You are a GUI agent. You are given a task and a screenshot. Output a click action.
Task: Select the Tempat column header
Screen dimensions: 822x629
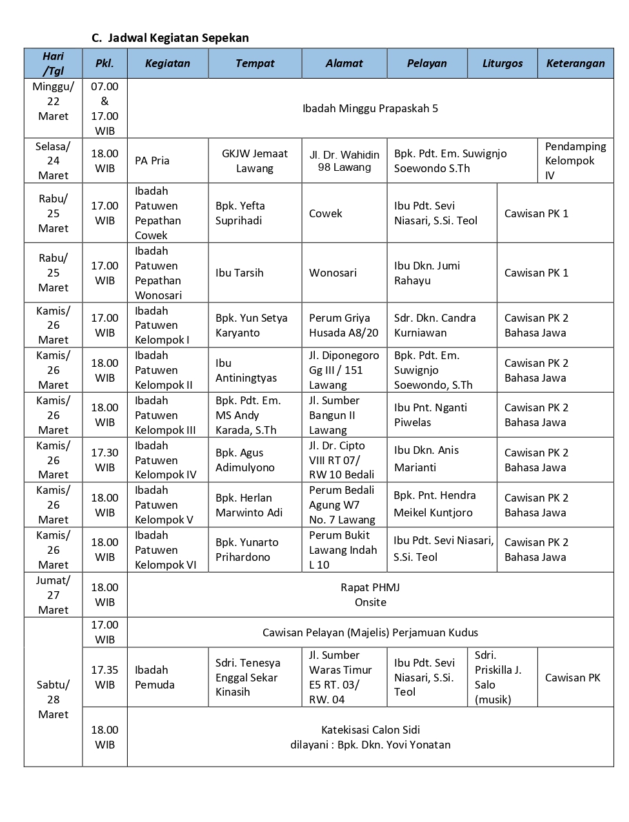255,63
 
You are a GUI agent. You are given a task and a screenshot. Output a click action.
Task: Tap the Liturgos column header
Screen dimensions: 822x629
503,63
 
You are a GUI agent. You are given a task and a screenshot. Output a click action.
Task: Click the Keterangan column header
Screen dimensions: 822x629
575,63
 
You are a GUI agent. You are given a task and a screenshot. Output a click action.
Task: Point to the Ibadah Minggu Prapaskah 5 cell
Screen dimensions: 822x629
370,108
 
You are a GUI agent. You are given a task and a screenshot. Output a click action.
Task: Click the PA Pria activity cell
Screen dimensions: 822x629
152,161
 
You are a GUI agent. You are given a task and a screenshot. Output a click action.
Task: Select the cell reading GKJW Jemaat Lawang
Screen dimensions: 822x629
255,161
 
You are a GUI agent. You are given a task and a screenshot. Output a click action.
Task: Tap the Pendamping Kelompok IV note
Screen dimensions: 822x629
575,161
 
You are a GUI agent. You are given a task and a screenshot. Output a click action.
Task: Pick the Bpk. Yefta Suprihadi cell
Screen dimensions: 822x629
240,213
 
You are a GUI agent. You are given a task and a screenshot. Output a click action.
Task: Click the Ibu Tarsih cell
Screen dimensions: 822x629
239,273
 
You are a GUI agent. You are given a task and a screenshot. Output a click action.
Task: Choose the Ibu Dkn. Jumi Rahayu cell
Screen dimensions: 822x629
427,273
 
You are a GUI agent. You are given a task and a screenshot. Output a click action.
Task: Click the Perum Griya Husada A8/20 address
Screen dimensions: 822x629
343,325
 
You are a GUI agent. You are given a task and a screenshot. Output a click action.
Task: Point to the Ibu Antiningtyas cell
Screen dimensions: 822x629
246,370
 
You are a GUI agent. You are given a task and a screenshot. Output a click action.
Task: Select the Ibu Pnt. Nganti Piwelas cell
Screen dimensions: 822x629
430,415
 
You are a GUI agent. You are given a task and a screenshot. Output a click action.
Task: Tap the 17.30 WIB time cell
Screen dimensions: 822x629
105,460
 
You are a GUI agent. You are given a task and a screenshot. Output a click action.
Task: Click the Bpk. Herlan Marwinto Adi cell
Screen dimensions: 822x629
249,505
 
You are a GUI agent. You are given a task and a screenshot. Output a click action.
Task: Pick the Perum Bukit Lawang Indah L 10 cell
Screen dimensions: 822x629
343,550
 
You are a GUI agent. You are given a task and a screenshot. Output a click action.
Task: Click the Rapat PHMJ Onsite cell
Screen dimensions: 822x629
370,594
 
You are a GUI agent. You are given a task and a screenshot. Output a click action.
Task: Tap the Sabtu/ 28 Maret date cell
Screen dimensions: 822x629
53,700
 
